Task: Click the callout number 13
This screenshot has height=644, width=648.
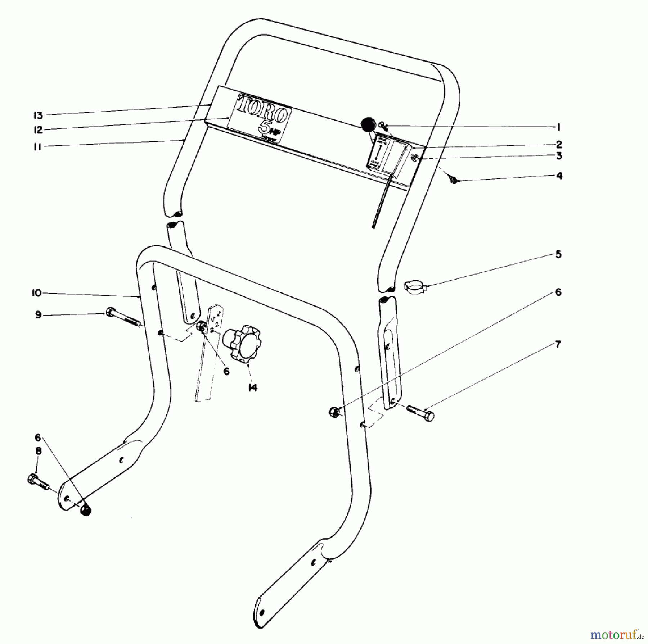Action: tap(38, 115)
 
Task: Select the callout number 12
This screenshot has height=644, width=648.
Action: tap(38, 130)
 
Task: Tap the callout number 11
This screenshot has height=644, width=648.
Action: tap(37, 147)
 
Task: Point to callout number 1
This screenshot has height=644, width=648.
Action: tap(558, 127)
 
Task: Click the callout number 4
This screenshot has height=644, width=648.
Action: tap(559, 176)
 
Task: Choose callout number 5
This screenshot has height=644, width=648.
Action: tap(558, 255)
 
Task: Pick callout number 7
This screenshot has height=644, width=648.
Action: tap(558, 344)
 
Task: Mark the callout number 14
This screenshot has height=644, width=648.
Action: tap(253, 387)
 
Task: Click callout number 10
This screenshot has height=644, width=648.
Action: tap(37, 293)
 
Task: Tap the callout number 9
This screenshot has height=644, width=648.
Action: tap(38, 315)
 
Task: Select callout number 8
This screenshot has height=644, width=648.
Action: tap(38, 451)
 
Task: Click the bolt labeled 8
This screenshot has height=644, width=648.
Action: tap(38, 481)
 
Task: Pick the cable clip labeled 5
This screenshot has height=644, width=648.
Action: tap(414, 287)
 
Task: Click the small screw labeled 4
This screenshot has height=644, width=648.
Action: tap(454, 180)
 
